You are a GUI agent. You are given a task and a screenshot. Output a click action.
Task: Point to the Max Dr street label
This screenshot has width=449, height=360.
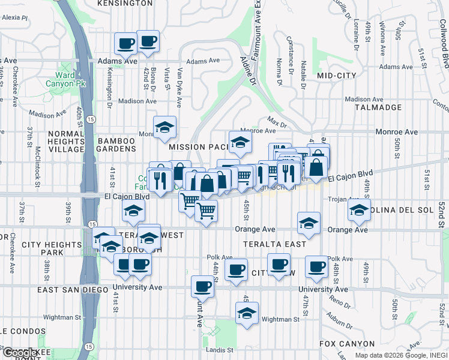pyautogui.click(x=277, y=125)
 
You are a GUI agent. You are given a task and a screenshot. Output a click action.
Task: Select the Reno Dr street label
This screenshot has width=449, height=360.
pyautogui.click(x=340, y=302)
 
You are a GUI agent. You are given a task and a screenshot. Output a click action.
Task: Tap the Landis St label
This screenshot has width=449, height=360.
pyautogui.click(x=221, y=350)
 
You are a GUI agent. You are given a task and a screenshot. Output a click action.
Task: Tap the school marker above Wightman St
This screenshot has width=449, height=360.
pyautogui.click(x=247, y=313)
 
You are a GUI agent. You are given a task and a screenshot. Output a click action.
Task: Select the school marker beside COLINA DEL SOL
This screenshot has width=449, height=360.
pyautogui.click(x=360, y=210)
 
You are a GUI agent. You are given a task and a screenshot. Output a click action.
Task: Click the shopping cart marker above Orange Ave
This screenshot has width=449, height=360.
pyautogui.click(x=206, y=211)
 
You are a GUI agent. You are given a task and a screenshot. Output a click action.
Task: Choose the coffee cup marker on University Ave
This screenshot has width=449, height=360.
pyautogui.click(x=203, y=286)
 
